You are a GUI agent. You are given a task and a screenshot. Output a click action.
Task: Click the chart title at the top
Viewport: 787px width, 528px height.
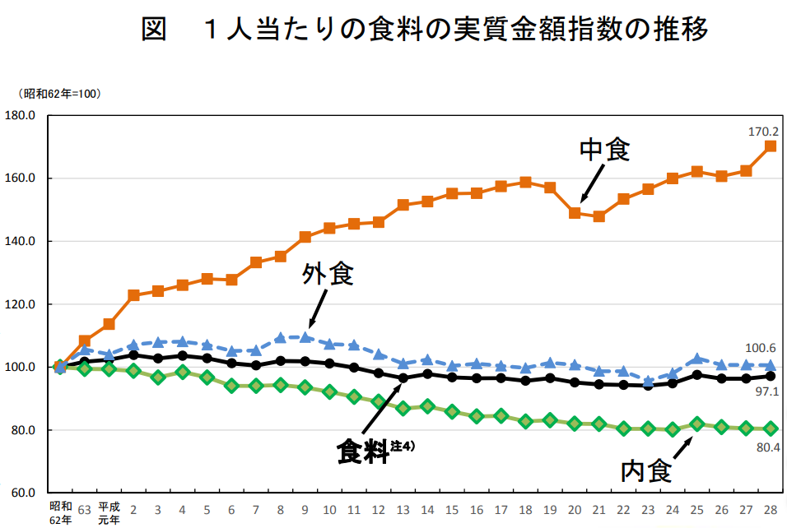pyautogui.click(x=425, y=30)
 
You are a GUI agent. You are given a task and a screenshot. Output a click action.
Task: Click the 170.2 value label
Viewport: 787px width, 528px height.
pyautogui.click(x=763, y=132)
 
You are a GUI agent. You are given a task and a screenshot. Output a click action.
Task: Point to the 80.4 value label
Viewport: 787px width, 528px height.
pyautogui.click(x=766, y=448)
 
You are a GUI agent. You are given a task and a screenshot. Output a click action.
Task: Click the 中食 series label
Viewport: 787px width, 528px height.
pyautogui.click(x=605, y=150)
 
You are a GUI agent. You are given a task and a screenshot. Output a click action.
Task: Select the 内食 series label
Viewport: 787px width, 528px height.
pyautogui.click(x=646, y=471)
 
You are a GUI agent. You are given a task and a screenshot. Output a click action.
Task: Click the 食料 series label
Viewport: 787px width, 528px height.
pyautogui.click(x=363, y=452)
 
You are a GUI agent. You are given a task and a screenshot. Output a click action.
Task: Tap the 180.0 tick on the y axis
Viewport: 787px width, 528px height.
pyautogui.click(x=21, y=116)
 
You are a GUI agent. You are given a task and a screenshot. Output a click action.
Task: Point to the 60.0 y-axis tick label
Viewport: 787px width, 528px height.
pyautogui.click(x=21, y=493)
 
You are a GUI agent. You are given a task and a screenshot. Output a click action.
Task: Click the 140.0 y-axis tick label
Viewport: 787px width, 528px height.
pyautogui.click(x=21, y=242)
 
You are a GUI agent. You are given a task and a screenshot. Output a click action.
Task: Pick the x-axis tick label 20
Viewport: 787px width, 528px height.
pyautogui.click(x=575, y=508)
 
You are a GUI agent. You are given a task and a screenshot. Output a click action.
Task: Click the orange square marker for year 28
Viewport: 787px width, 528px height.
pyautogui.click(x=771, y=146)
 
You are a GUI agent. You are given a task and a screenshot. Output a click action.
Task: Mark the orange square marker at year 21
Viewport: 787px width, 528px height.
pyautogui.click(x=599, y=216)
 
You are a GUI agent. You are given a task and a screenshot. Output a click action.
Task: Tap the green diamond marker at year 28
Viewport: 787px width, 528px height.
pyautogui.click(x=771, y=428)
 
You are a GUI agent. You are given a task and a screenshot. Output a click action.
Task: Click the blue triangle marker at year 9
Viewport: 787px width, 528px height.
pyautogui.click(x=305, y=336)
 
